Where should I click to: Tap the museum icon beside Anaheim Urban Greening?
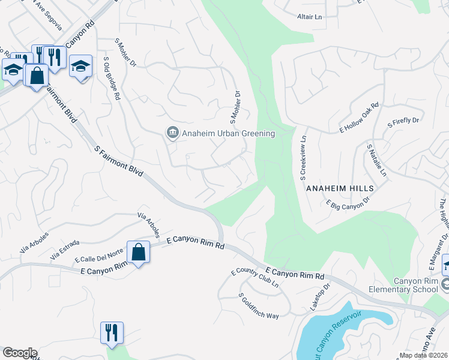(172, 133)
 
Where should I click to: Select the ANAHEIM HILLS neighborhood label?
(340, 188)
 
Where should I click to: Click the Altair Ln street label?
(310, 17)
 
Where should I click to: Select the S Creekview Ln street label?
(303, 157)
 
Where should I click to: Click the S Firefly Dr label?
(403, 121)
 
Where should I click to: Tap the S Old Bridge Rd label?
(112, 79)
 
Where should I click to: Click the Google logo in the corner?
(19, 353)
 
